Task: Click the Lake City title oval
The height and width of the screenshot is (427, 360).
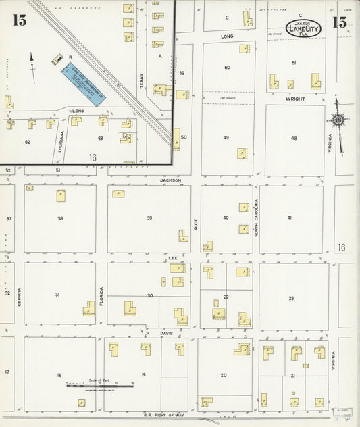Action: click(x=303, y=28)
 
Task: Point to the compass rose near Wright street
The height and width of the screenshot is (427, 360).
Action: click(x=338, y=120)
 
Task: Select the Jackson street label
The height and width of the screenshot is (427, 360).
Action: click(x=170, y=180)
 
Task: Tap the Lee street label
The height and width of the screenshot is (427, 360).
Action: click(x=172, y=258)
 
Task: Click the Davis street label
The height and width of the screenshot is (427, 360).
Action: click(x=167, y=333)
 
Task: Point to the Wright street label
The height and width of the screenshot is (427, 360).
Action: click(x=294, y=99)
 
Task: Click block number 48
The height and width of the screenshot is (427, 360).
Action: click(x=294, y=138)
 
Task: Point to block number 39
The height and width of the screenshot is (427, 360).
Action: click(x=149, y=218)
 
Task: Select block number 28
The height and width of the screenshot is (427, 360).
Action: click(x=291, y=298)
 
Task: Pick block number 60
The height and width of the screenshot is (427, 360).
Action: click(x=227, y=67)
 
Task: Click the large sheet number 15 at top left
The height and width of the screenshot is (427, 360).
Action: click(x=19, y=21)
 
